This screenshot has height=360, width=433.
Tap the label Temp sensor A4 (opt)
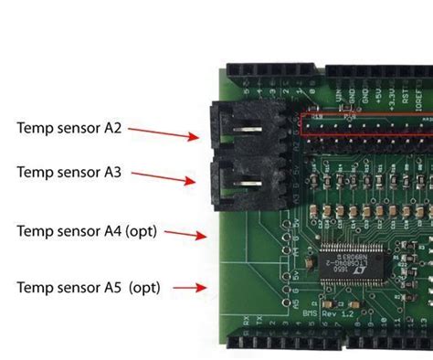[87, 231]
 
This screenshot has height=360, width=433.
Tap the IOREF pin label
[424, 95]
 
